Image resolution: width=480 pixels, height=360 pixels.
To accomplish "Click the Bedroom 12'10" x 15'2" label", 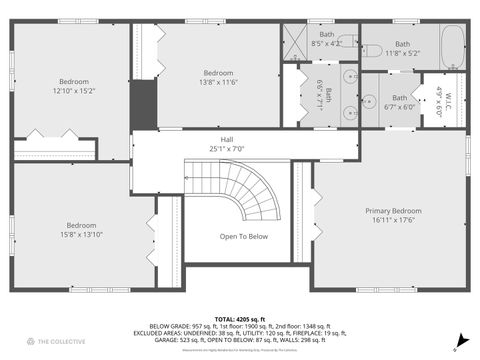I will click(73, 86).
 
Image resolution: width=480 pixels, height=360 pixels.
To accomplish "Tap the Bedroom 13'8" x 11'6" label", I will click(219, 77).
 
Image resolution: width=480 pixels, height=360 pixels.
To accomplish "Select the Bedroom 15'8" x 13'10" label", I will click(85, 229).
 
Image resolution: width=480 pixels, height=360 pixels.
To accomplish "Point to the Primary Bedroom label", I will click(393, 215).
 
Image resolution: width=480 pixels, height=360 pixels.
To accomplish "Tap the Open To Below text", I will click(244, 236).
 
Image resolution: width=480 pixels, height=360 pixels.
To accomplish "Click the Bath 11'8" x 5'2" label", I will click(402, 47).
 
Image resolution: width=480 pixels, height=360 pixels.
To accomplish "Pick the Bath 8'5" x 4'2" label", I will click(326, 39).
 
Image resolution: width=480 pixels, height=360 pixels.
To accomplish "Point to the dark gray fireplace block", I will click(144, 103).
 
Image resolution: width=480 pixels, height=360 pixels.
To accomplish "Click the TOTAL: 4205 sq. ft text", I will click(240, 318).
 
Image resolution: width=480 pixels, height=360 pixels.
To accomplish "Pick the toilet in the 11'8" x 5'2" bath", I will click(370, 48).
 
